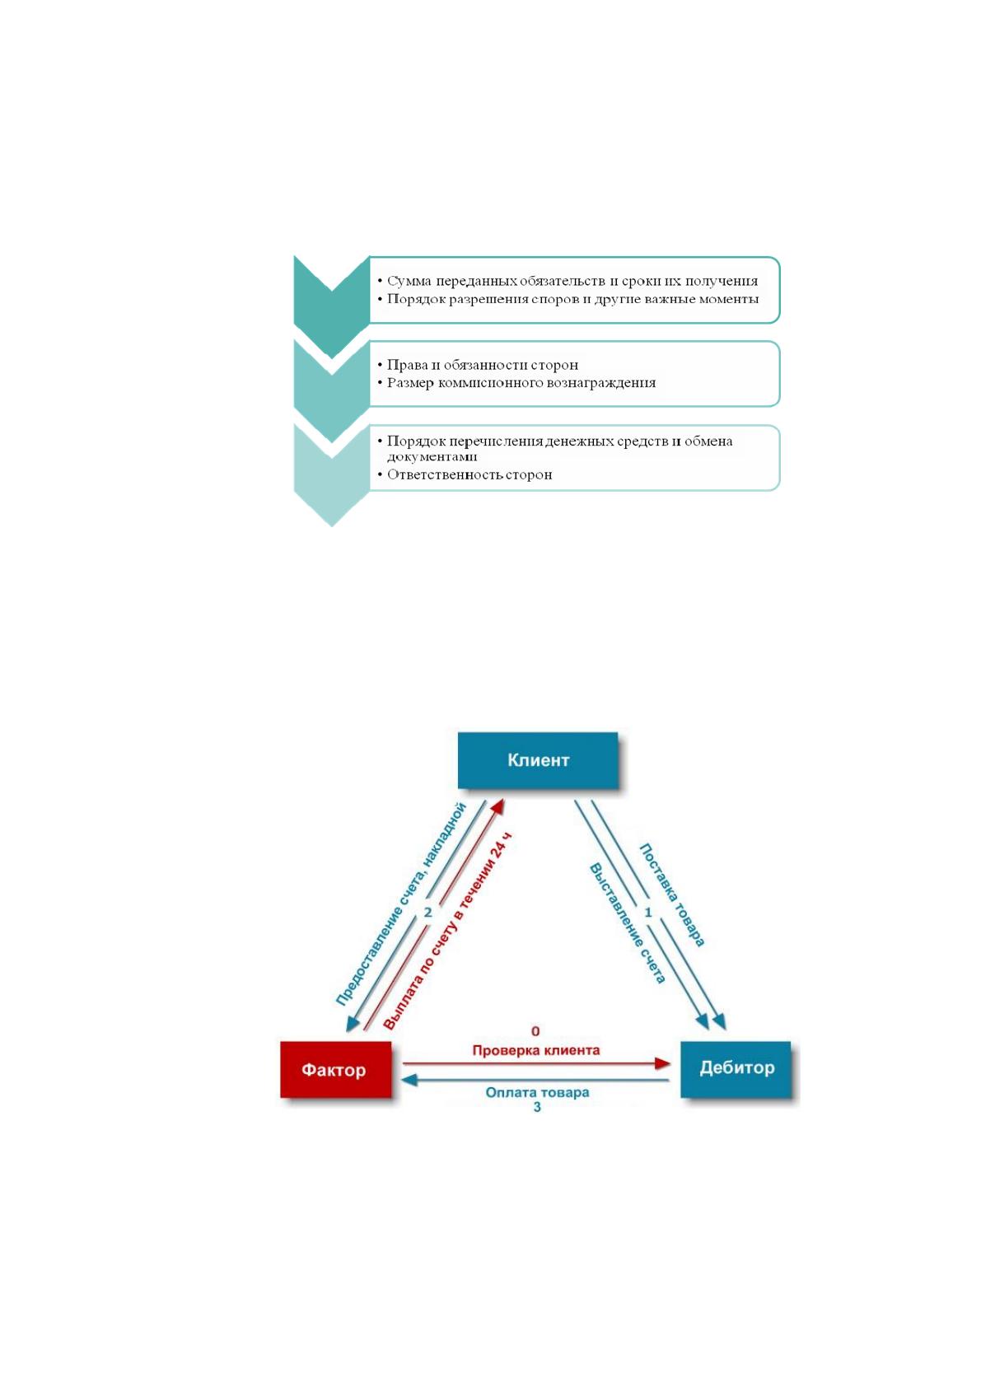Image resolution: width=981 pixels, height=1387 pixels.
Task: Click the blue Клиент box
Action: point(538,759)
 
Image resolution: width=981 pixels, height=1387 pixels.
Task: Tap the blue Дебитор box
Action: point(736,1069)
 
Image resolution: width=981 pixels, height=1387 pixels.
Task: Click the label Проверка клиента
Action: point(535,1050)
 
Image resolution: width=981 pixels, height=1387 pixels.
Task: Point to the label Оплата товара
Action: point(537,1092)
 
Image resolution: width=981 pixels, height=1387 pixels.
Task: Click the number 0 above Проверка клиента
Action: point(535,1031)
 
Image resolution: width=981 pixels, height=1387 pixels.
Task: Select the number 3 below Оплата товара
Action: point(537,1106)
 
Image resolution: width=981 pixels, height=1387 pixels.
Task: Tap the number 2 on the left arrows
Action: point(427,912)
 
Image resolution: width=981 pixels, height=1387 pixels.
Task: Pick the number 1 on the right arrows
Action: point(648,912)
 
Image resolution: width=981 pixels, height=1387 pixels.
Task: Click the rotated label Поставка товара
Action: point(672,895)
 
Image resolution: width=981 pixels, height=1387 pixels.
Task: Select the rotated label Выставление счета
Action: point(627,923)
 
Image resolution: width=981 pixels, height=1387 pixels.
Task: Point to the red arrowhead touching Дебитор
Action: point(662,1064)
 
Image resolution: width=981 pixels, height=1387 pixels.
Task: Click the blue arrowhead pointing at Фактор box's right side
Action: point(409,1081)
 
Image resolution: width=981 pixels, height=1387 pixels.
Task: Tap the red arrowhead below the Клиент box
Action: point(498,806)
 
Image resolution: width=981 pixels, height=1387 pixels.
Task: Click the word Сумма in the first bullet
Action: point(409,281)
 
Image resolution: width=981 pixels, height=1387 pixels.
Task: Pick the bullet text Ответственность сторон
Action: point(469,475)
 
